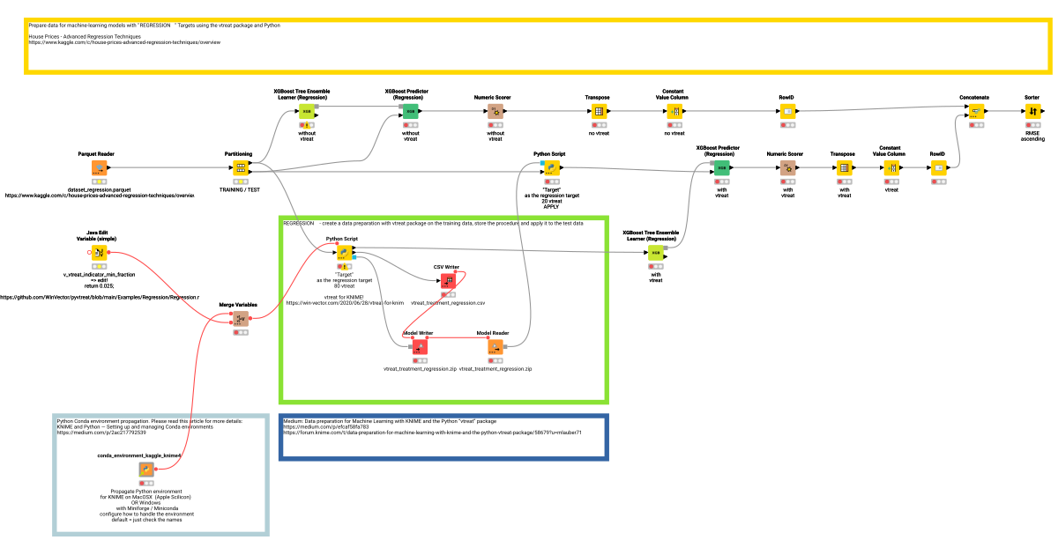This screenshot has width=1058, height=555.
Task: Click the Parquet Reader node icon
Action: [x=100, y=167]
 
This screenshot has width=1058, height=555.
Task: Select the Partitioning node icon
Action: [x=239, y=167]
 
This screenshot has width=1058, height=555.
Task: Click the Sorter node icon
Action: [x=1032, y=112]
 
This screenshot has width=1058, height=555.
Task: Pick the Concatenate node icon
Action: [x=976, y=112]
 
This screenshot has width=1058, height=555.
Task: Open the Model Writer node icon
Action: [x=419, y=347]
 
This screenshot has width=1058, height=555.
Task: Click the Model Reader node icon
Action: [x=495, y=347]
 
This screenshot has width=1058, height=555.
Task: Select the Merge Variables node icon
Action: [x=240, y=319]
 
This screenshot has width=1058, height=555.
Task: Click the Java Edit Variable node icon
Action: [x=100, y=253]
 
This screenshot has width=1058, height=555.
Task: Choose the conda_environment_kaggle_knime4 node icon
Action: [x=146, y=470]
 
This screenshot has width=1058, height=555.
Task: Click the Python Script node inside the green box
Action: [x=341, y=253]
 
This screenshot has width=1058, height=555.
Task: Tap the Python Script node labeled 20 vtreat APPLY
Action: [x=551, y=167]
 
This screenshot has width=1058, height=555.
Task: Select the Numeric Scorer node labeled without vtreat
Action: [x=495, y=112]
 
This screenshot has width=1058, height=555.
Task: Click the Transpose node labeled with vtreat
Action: [x=844, y=167]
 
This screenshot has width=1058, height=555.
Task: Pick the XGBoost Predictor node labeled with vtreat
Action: [x=721, y=167]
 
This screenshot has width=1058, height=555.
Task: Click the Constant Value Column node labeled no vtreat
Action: [x=674, y=112]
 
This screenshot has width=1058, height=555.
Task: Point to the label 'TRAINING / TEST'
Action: [x=239, y=189]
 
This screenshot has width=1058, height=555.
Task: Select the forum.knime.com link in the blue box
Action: [x=432, y=433]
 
